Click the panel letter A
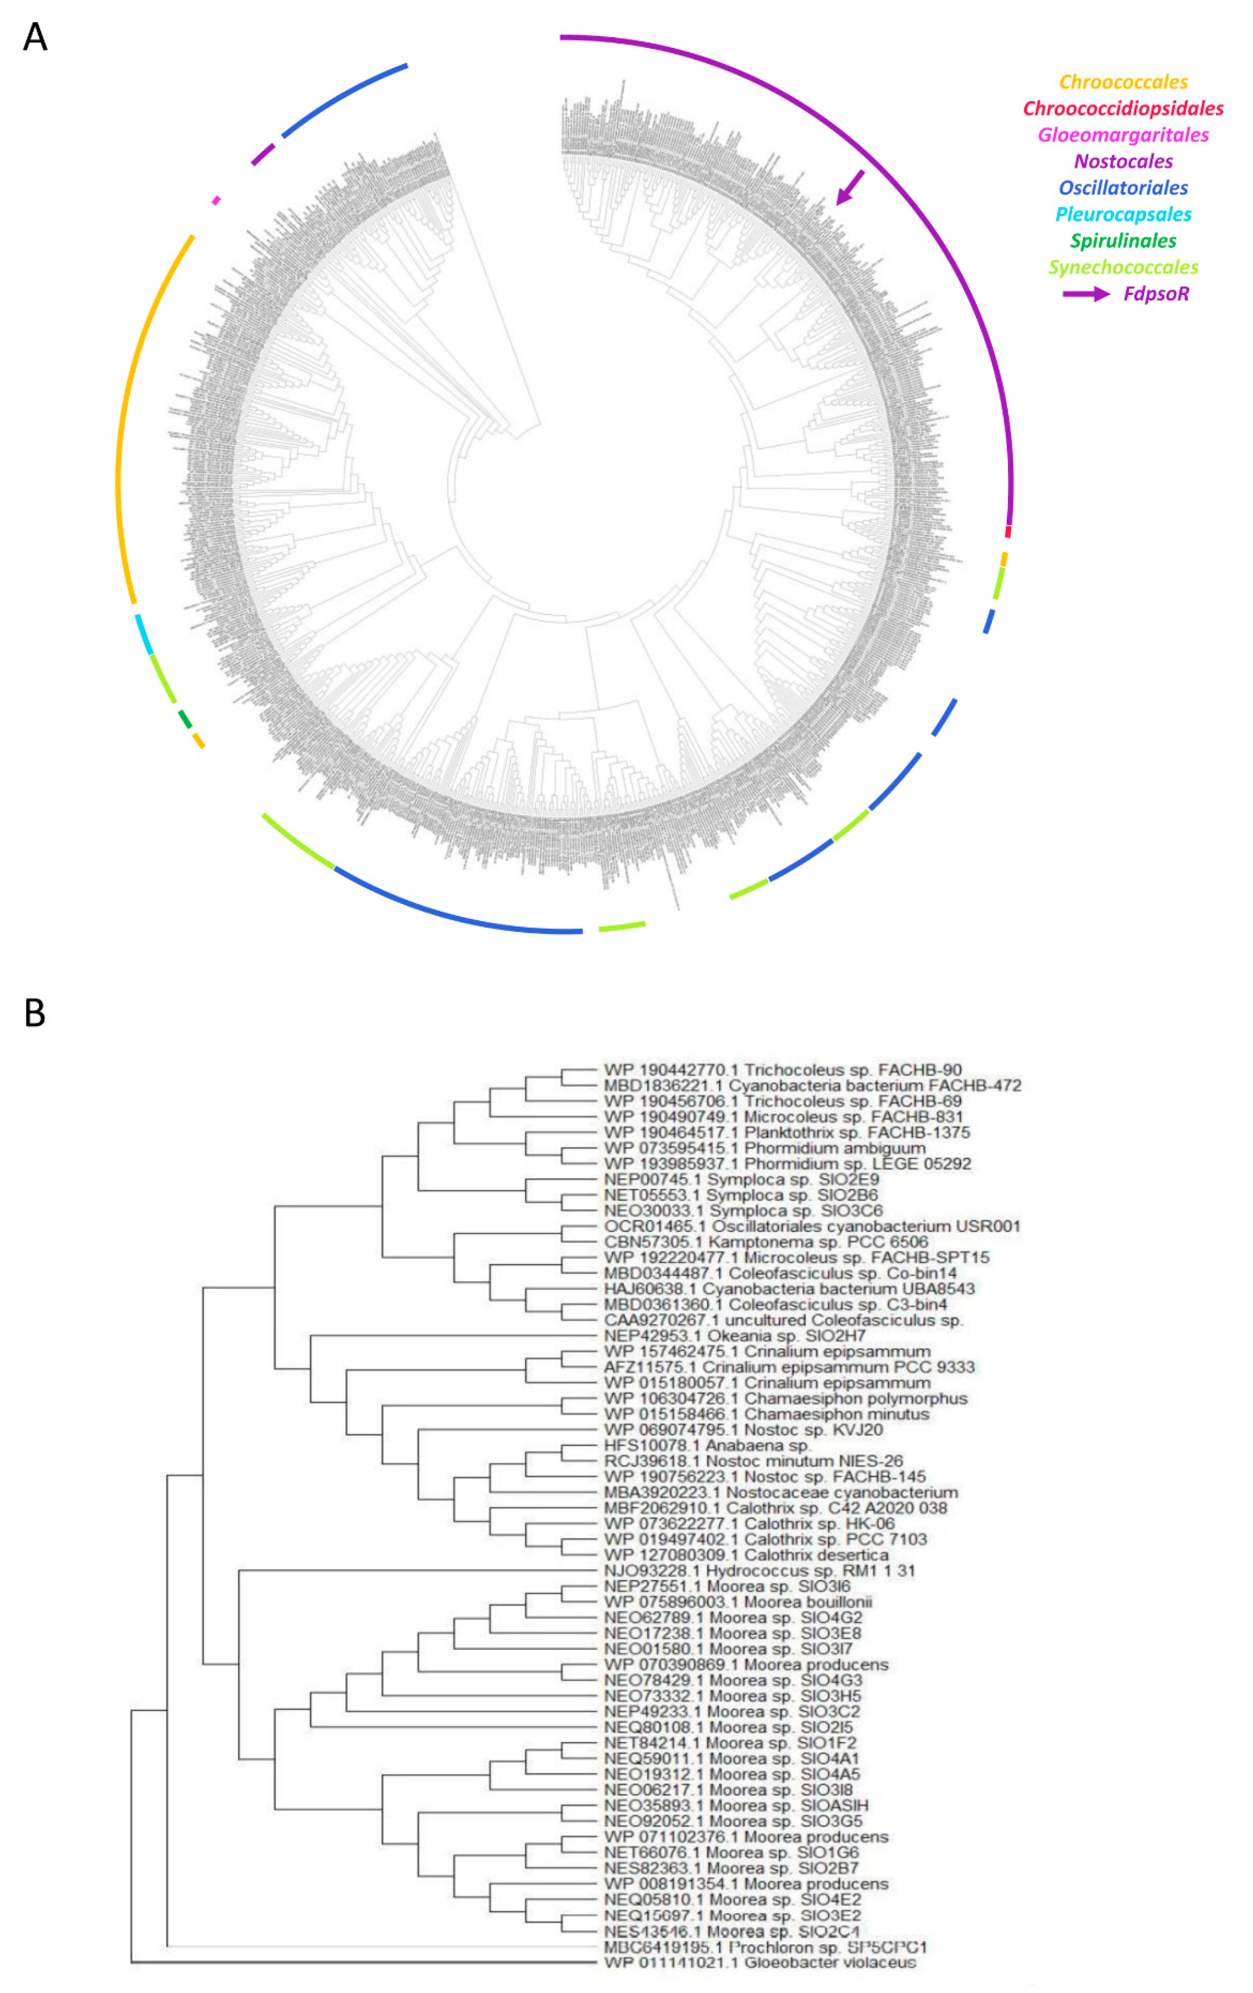point(35,37)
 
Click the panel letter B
point(35,1011)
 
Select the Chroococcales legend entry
point(1123,82)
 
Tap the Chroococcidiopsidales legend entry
point(1123,108)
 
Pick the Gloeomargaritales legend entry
point(1123,135)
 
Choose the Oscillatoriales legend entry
point(1123,188)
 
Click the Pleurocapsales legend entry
point(1123,214)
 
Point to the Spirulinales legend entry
point(1123,241)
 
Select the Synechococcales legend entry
point(1123,267)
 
